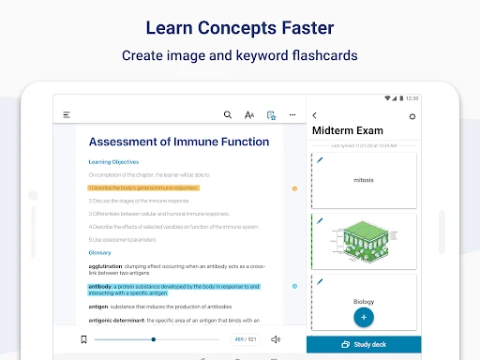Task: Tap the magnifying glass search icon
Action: pyautogui.click(x=227, y=115)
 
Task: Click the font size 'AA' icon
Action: pyautogui.click(x=249, y=115)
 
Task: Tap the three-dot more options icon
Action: pyautogui.click(x=292, y=115)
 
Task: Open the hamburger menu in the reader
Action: pyautogui.click(x=67, y=115)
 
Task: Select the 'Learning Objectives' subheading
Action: pyautogui.click(x=112, y=162)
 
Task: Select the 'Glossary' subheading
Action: pyautogui.click(x=99, y=252)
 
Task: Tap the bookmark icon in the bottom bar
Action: pyautogui.click(x=83, y=339)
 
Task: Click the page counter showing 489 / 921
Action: pyautogui.click(x=246, y=339)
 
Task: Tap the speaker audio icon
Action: pyautogui.click(x=275, y=339)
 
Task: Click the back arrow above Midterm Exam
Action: pyautogui.click(x=315, y=115)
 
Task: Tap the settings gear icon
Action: pyautogui.click(x=412, y=116)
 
